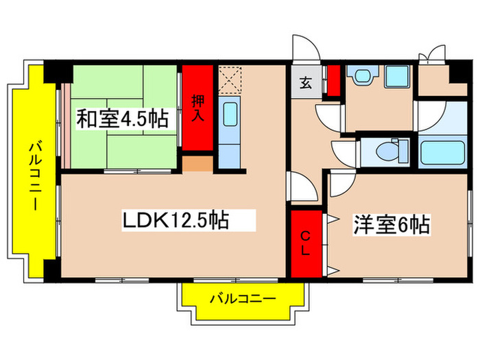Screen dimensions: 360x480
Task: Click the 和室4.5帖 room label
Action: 121,119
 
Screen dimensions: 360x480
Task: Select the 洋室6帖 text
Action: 392,224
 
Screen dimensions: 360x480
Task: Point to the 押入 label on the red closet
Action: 198,108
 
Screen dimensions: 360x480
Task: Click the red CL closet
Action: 305,243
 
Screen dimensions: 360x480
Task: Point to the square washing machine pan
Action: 396,77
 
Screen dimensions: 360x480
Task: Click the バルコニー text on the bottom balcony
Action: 242,300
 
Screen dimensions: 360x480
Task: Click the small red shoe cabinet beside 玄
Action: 333,80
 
